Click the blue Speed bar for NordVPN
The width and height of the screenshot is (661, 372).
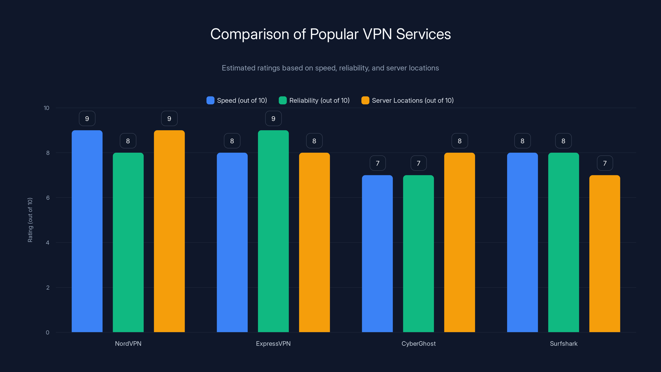tap(87, 231)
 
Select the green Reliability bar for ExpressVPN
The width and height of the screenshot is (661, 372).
tap(273, 231)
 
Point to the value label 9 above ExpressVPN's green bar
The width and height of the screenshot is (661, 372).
tap(273, 119)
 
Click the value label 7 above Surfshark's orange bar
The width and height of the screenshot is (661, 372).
tap(605, 163)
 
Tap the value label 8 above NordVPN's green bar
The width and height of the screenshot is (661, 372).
tap(128, 141)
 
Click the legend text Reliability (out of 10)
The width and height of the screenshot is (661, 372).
tap(319, 100)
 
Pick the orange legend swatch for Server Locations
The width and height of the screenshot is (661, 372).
tap(365, 100)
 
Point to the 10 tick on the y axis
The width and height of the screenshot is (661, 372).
tap(46, 108)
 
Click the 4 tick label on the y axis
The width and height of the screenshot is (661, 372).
tap(48, 243)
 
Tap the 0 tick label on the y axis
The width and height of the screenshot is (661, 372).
tap(48, 333)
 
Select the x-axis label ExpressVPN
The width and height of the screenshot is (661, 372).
tap(273, 343)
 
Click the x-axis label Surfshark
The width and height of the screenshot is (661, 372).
tap(564, 343)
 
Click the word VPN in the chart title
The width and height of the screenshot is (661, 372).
tap(377, 34)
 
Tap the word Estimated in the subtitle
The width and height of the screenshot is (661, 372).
tap(237, 68)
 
